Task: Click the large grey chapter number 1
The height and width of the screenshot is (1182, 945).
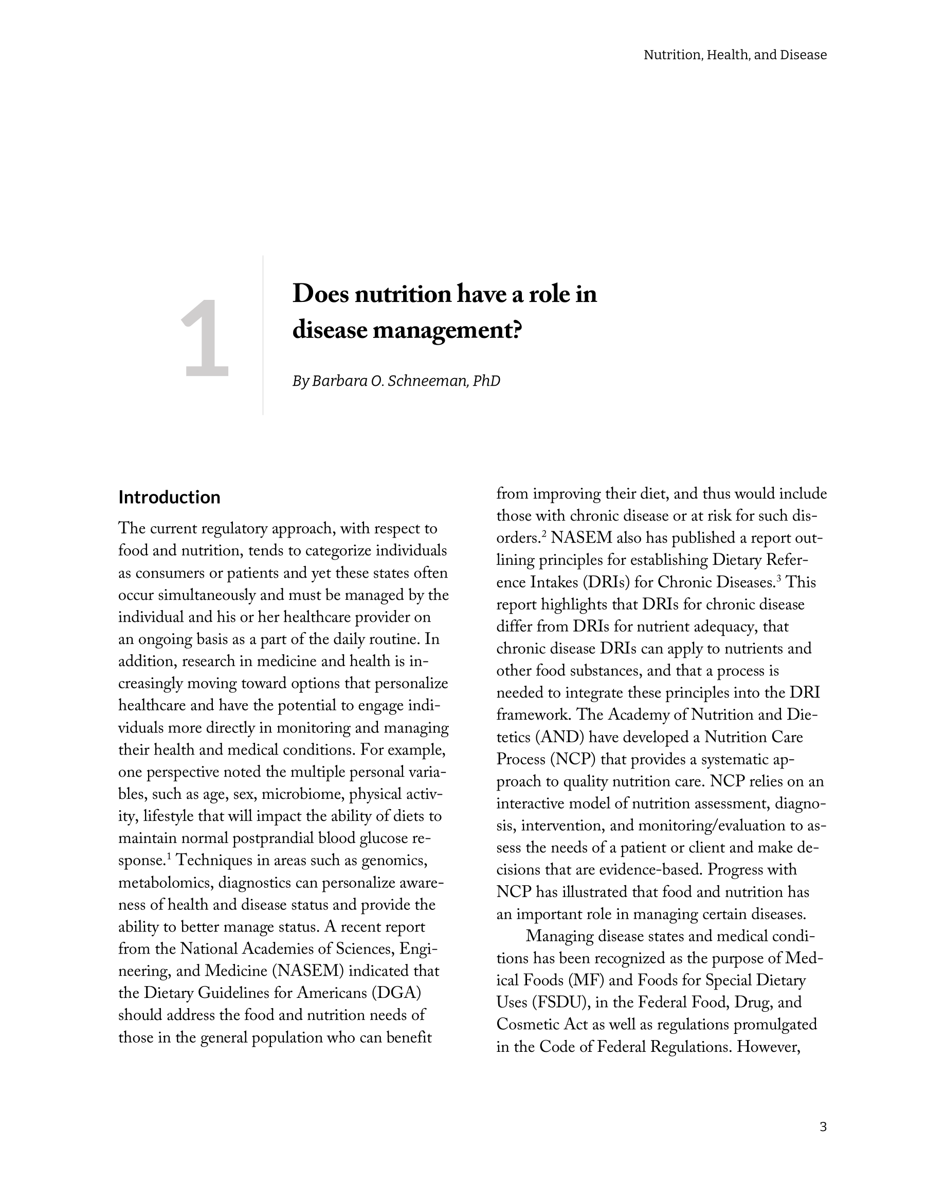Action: [205, 338]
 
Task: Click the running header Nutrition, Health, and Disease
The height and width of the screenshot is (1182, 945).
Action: [735, 55]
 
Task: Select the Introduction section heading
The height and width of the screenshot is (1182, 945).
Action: [169, 497]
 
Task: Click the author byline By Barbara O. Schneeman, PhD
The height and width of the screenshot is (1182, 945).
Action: [396, 381]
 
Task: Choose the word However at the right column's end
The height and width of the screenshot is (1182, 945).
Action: [768, 1047]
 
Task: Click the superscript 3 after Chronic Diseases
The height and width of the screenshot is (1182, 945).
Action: [778, 578]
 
